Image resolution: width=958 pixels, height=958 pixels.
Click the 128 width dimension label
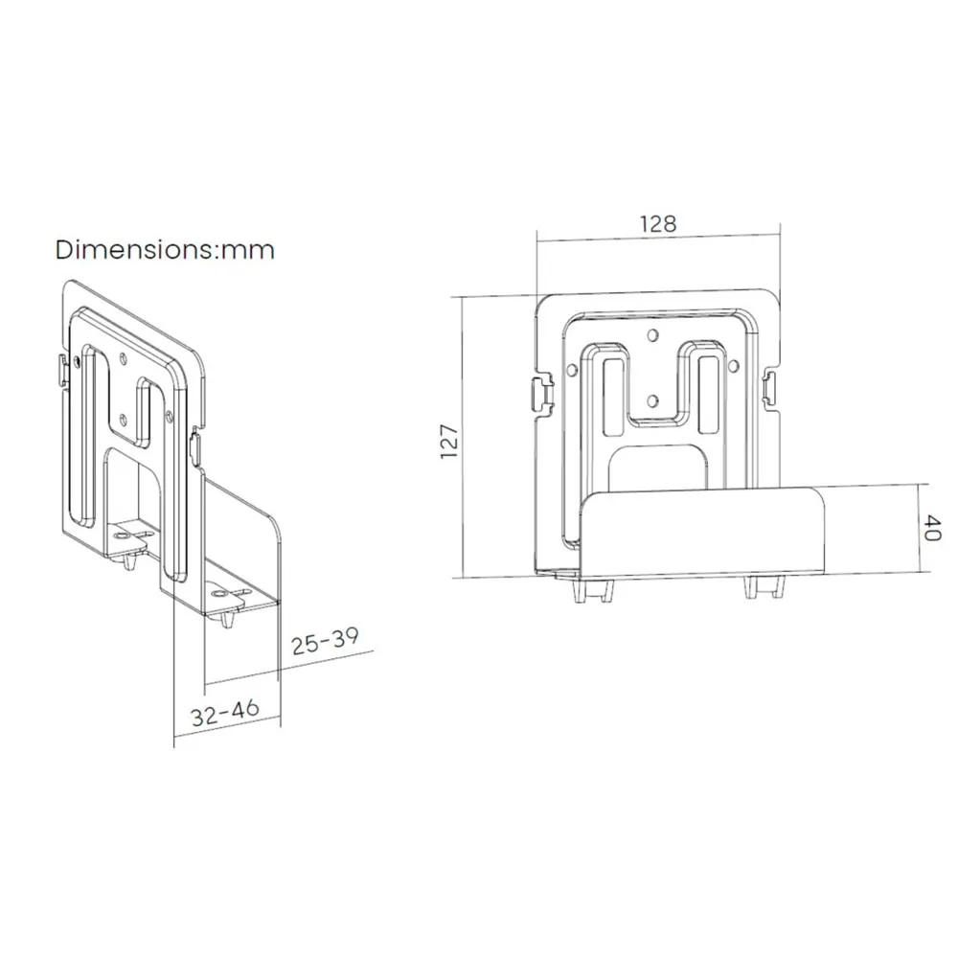click(658, 224)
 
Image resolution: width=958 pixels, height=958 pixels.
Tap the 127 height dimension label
click(449, 442)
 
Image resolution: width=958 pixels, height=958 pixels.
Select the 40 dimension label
click(932, 528)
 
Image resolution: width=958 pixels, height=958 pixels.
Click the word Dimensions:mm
click(165, 250)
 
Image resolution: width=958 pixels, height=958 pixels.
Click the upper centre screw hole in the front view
click(652, 334)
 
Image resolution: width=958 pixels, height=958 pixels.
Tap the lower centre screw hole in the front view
click(652, 400)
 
